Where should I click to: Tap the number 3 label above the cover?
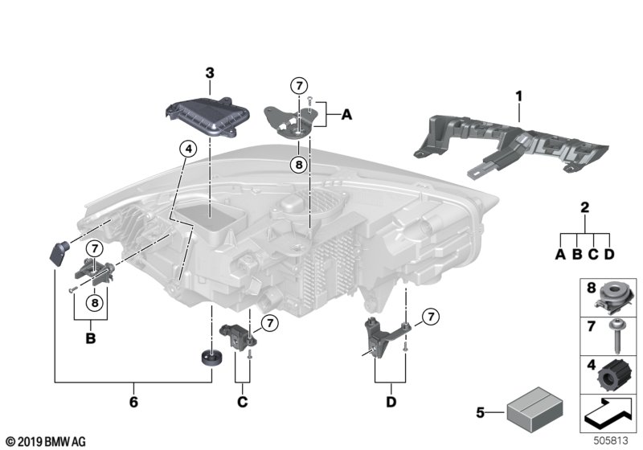[210, 73]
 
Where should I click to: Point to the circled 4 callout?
[187, 149]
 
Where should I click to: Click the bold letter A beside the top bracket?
[346, 116]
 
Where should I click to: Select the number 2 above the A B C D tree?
[584, 207]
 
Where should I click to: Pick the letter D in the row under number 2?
[609, 256]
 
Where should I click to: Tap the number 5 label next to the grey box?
[481, 414]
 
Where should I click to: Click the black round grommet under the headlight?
[211, 357]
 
